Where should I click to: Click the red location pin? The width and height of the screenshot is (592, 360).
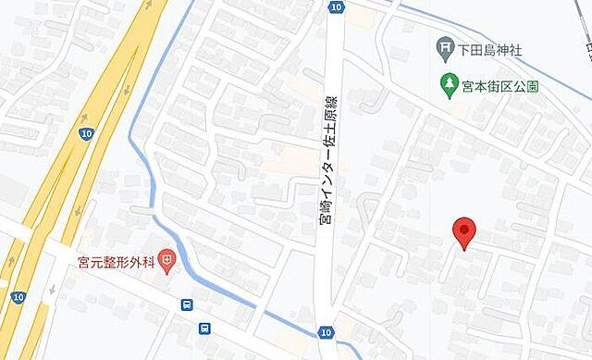463,231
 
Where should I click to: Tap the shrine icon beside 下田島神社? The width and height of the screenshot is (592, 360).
446,46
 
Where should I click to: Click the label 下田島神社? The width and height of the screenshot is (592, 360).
487,47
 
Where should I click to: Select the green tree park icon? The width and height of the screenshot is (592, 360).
449,85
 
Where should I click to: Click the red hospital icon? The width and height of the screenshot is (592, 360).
166,261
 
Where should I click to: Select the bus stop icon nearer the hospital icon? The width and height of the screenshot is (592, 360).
188,304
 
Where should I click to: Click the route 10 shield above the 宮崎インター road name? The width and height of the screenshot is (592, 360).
335,7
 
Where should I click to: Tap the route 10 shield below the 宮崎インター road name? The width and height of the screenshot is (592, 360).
326,331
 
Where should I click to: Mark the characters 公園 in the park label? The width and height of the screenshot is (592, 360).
527,86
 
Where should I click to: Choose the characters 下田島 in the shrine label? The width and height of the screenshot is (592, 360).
475,47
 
